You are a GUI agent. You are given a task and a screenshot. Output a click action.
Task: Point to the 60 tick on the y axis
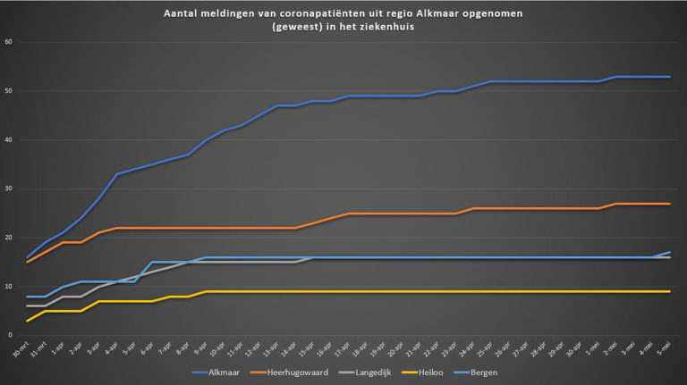(x=8, y=42)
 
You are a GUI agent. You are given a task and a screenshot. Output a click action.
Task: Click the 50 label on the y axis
(x=8, y=91)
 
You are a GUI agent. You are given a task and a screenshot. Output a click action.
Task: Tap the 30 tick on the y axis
(x=8, y=188)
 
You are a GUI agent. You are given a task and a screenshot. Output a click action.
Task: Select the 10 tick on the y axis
(x=8, y=287)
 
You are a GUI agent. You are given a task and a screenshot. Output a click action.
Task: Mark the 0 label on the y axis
(x=10, y=336)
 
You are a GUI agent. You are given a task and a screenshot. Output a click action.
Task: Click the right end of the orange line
(x=670, y=204)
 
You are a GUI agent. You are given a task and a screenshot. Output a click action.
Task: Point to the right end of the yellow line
(x=670, y=291)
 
